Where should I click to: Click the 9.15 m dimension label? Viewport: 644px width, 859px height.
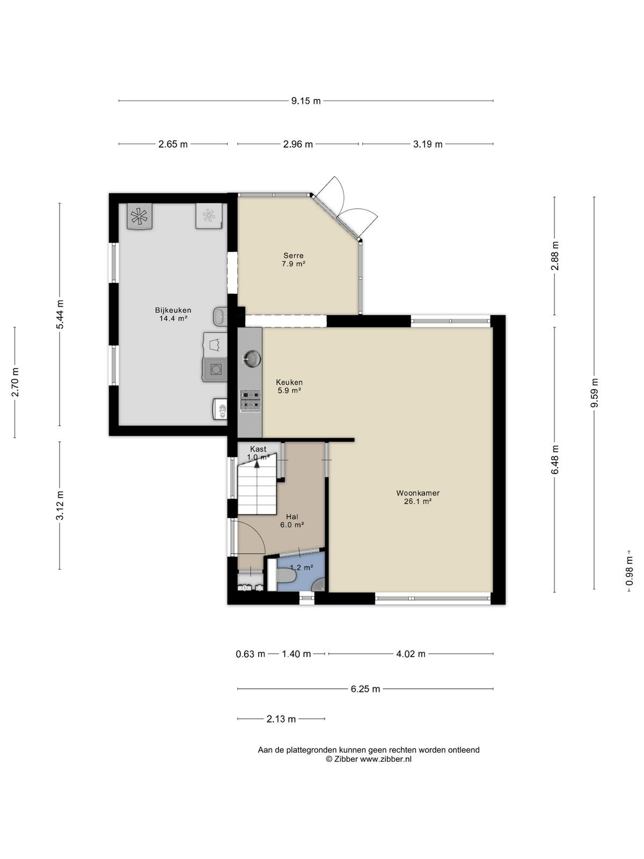pyautogui.click(x=306, y=101)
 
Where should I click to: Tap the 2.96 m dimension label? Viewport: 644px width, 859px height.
pyautogui.click(x=298, y=144)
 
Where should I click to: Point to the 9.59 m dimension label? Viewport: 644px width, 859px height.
pyautogui.click(x=594, y=392)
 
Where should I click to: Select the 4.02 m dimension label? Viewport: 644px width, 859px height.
pyautogui.click(x=411, y=654)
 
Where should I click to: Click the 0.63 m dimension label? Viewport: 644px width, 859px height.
pyautogui.click(x=250, y=654)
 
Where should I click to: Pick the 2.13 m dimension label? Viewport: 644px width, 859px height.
pyautogui.click(x=281, y=719)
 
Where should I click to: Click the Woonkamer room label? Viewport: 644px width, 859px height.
pyautogui.click(x=418, y=493)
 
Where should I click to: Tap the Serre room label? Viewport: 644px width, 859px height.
pyautogui.click(x=293, y=256)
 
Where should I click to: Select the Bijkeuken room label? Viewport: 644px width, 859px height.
pyautogui.click(x=173, y=310)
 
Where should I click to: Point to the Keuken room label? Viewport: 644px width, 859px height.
pyautogui.click(x=289, y=382)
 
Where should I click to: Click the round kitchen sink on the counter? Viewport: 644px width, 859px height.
pyautogui.click(x=251, y=358)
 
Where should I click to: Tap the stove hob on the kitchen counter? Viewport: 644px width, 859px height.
pyautogui.click(x=250, y=401)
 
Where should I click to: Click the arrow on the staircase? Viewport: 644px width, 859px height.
pyautogui.click(x=257, y=464)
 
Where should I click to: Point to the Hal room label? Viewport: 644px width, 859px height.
pyautogui.click(x=292, y=516)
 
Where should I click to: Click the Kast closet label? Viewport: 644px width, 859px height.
pyautogui.click(x=258, y=449)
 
